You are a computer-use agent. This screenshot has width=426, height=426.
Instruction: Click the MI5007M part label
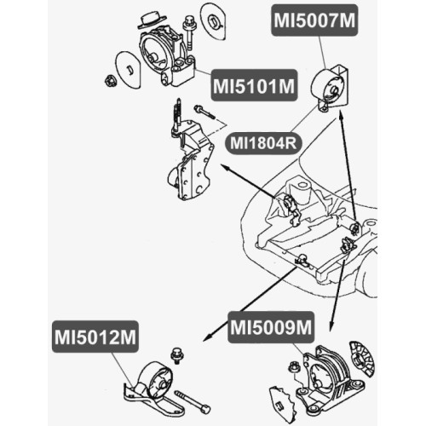coord(314,20)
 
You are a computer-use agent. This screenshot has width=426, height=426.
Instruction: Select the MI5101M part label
coord(254,85)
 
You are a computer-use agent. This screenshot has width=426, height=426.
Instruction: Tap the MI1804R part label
coord(263,143)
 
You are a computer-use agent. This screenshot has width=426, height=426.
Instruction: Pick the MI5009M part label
coord(271,327)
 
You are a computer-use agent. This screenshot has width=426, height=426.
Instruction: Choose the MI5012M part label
coord(95,337)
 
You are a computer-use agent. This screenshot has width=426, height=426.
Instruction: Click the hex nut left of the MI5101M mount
coord(110,81)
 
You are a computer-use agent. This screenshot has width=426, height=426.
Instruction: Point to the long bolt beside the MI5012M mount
coord(193,402)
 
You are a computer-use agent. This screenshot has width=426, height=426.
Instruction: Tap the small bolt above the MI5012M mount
coord(176,357)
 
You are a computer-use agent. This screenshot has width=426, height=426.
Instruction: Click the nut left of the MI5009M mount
coord(293,367)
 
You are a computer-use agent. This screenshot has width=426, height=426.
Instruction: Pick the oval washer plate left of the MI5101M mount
coord(128,70)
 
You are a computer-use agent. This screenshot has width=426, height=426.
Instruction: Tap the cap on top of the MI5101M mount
coord(152,20)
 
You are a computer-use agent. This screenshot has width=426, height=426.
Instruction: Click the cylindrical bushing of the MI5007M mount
coord(327,85)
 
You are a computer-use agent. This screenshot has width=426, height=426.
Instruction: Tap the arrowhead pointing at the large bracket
coord(225,168)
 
